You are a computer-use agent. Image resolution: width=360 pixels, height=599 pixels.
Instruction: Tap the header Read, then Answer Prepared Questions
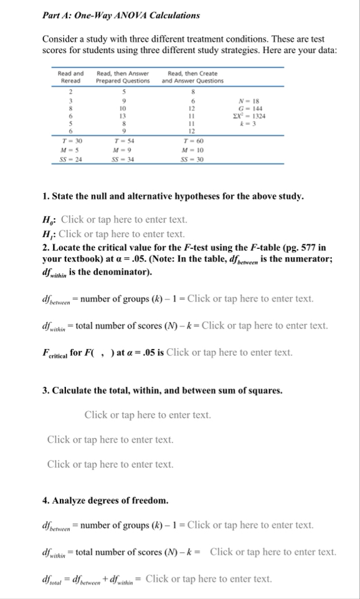(123, 77)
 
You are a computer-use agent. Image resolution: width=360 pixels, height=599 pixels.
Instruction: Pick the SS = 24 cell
(74, 159)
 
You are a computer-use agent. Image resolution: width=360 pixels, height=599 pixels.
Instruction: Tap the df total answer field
(208, 578)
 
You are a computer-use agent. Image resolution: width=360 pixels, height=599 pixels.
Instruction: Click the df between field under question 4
(250, 525)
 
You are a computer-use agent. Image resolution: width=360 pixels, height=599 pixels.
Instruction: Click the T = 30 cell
(74, 142)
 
